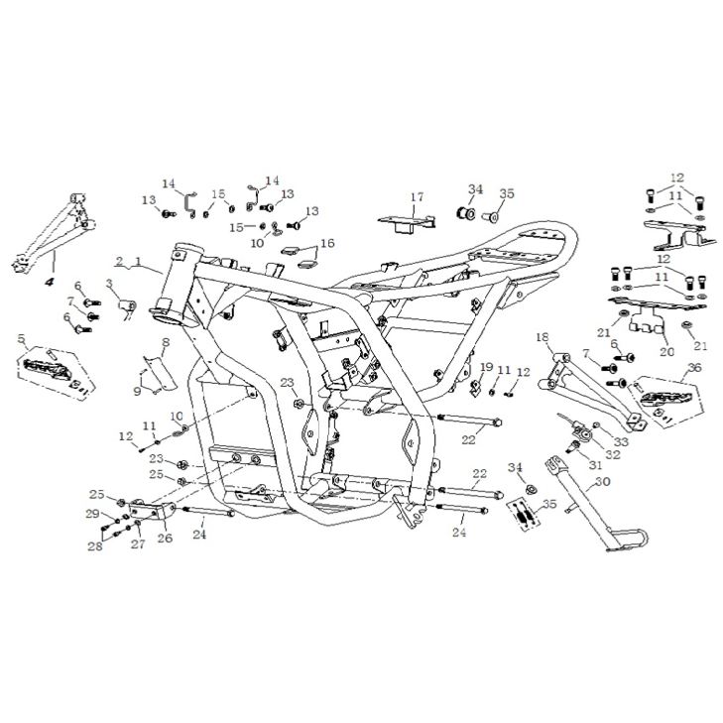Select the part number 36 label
[x=692, y=367]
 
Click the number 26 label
[x=165, y=540]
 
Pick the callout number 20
[x=662, y=350]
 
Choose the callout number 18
[x=542, y=338]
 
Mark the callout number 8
[x=166, y=342]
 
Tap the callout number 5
[x=22, y=338]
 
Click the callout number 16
[x=327, y=242]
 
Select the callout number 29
[x=92, y=513]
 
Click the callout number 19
[x=486, y=367]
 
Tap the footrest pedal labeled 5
[x=56, y=371]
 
